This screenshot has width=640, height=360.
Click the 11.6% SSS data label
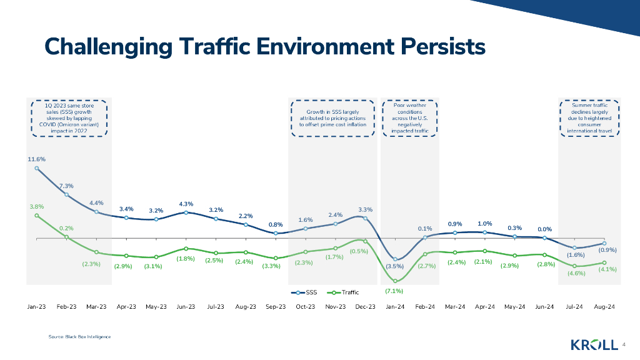click(36, 159)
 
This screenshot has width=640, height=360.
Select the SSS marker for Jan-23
click(37, 168)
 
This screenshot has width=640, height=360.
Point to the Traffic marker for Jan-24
click(396, 281)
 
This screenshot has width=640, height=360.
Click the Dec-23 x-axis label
click(365, 307)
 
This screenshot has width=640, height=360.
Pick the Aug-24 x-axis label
click(604, 307)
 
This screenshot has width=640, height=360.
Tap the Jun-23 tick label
click(186, 307)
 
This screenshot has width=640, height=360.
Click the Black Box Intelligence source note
click(80, 337)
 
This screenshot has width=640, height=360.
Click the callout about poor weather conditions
click(410, 118)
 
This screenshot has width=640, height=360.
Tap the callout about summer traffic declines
click(589, 118)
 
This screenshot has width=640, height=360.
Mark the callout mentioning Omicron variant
click(69, 118)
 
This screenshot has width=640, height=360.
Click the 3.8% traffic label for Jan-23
click(36, 206)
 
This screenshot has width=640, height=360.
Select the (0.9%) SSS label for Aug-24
click(608, 250)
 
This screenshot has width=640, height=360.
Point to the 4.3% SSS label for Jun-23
click(186, 204)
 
